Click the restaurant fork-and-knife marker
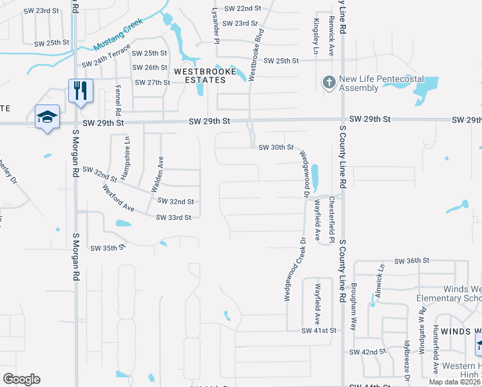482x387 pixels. point(81,90)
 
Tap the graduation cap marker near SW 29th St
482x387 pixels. point(47,117)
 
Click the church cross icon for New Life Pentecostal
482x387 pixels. point(329,83)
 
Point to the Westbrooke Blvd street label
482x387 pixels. point(256,54)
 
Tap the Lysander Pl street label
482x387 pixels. point(217,22)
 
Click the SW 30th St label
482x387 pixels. point(276,148)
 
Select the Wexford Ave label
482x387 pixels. point(119,199)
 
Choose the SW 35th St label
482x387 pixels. point(106,248)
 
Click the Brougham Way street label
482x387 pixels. point(354,299)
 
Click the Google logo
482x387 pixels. point(21,380)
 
